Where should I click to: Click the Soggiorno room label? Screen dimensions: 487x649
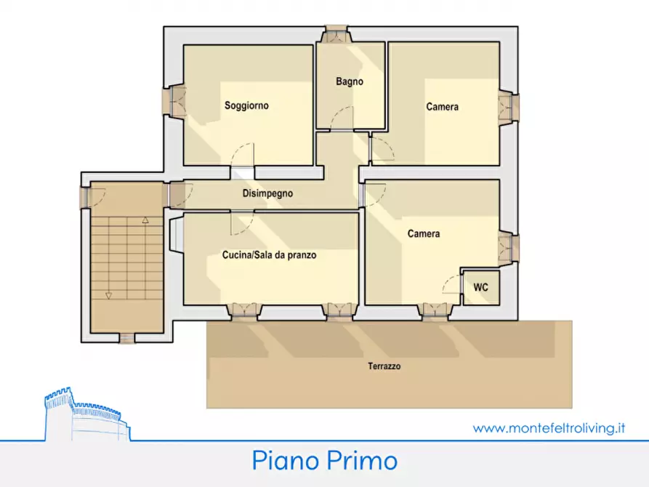coord(246,105)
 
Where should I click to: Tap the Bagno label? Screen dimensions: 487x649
coord(349,82)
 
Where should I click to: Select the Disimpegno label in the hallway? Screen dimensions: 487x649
coord(267,194)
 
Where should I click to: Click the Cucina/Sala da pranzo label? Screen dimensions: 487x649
coord(269,256)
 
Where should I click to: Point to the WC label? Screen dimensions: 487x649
coord(481,287)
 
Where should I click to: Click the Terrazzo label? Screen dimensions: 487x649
coord(384,366)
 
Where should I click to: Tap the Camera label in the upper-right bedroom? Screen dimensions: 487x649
coord(442,107)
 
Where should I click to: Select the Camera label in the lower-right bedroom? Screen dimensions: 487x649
coord(423,233)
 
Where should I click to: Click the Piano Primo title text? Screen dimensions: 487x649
coord(325,460)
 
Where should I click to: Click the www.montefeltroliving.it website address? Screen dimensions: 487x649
coord(549,428)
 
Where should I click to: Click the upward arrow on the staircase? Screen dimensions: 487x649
coord(145,219)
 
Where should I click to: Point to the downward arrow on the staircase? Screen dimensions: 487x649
coord(108,295)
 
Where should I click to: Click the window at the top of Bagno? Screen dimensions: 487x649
coord(337,33)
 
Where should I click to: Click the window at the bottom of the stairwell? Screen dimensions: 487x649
coord(126,337)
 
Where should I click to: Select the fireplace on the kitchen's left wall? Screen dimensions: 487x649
coord(175,237)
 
